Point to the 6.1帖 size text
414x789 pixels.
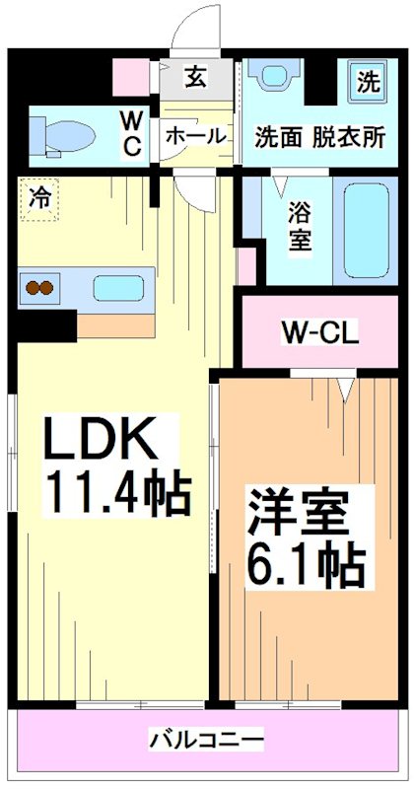(x=306, y=564)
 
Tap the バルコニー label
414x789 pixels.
(x=206, y=739)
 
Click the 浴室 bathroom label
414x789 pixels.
(x=299, y=225)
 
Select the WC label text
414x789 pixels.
(x=131, y=133)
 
